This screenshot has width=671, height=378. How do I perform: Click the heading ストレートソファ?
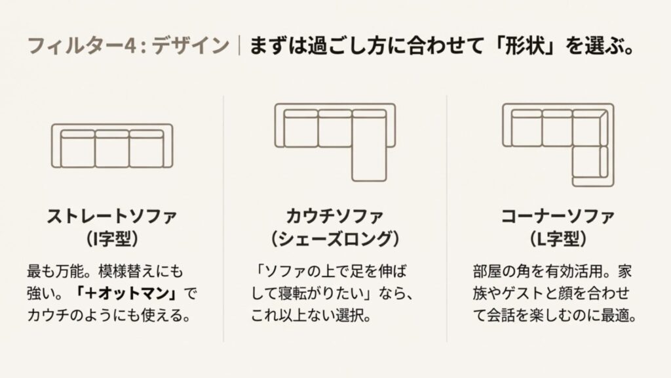point(112,216)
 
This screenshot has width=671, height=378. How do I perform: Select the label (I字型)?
point(112,237)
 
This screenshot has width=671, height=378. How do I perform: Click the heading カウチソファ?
point(335,216)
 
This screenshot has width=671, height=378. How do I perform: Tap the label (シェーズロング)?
point(335,237)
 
